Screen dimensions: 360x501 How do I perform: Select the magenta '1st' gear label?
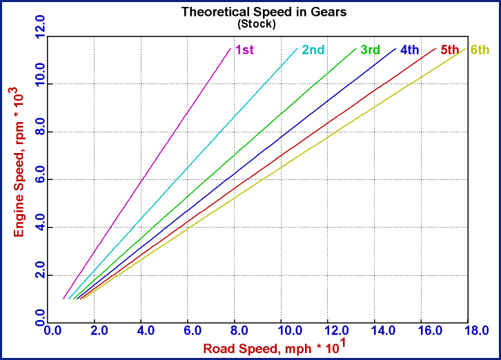tap(244, 50)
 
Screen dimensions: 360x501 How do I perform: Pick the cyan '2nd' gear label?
tap(313, 50)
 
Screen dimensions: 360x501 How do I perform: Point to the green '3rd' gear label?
tap(371, 50)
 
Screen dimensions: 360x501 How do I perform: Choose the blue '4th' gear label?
tap(410, 50)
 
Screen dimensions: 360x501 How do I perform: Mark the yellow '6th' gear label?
tap(480, 50)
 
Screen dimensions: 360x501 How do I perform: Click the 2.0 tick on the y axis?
tap(40, 274)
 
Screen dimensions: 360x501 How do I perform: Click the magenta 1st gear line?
tap(146, 174)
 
